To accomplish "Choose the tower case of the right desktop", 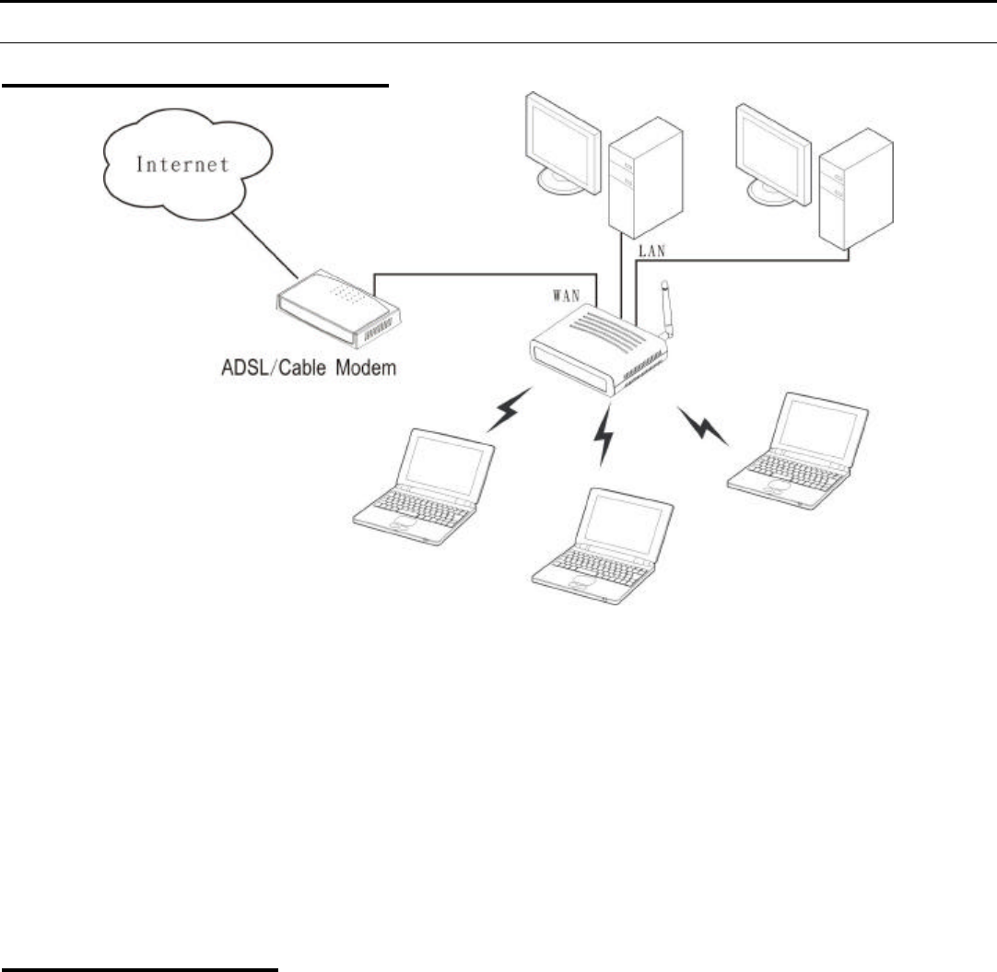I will [857, 189].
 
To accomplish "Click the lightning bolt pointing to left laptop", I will [508, 411].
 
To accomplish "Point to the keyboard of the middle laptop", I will [594, 562].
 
